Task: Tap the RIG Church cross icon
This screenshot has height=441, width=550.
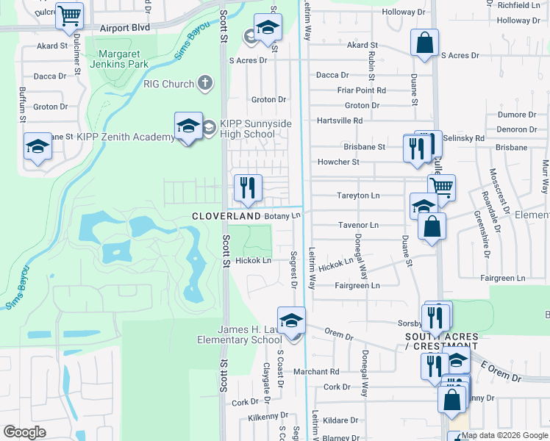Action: (x=205, y=84)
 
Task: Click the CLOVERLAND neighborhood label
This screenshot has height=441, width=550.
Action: (x=226, y=217)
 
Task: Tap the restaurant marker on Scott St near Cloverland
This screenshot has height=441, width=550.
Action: (x=248, y=188)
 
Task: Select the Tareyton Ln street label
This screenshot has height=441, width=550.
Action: (x=358, y=196)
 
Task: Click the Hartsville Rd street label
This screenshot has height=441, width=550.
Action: (x=340, y=121)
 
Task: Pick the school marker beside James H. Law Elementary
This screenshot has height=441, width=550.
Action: (x=292, y=321)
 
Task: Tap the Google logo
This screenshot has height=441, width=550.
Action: (x=25, y=432)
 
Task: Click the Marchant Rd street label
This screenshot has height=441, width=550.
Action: (x=315, y=372)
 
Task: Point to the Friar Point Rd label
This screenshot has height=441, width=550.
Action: (x=361, y=90)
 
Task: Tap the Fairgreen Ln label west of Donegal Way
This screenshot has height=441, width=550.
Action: (x=357, y=285)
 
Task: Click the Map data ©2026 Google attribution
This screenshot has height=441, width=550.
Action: (x=503, y=435)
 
